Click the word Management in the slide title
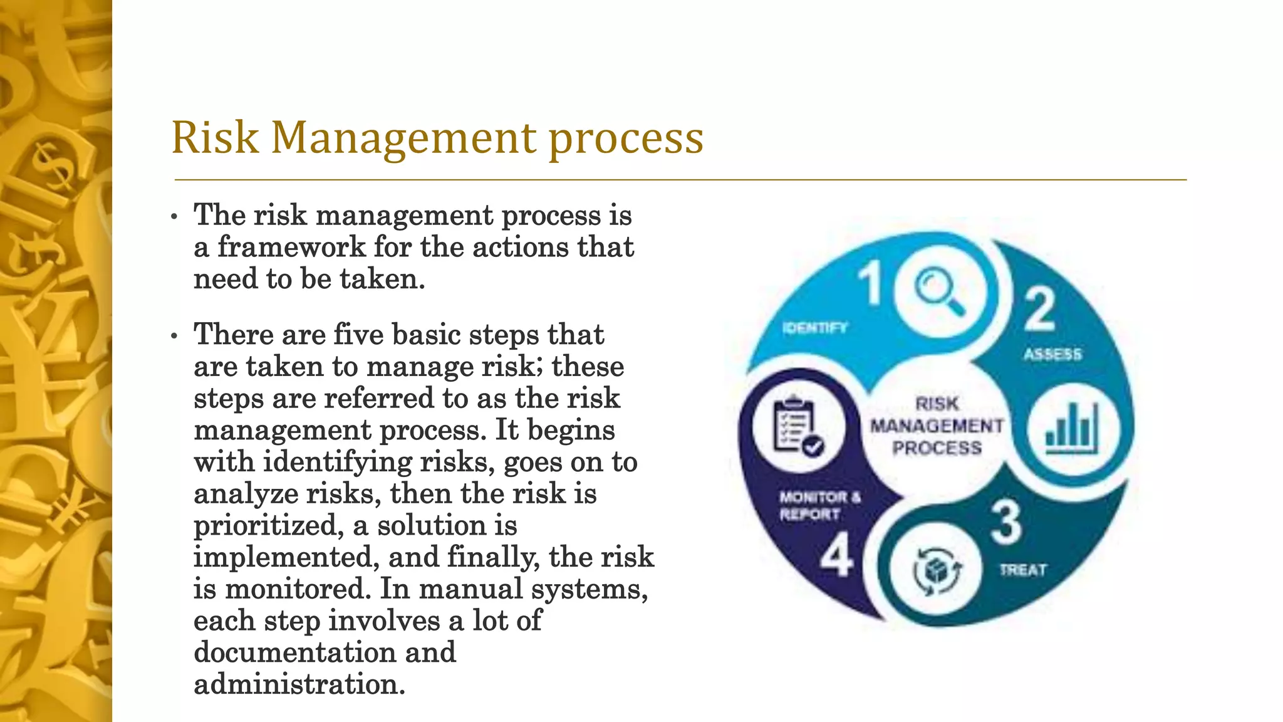(x=403, y=138)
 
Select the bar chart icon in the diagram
(x=1071, y=430)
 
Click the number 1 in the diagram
(x=870, y=284)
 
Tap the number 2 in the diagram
(x=1040, y=309)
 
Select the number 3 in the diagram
(x=1006, y=522)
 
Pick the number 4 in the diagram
(x=836, y=555)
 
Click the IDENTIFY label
(x=815, y=328)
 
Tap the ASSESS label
(x=1052, y=355)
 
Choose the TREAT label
(x=1023, y=570)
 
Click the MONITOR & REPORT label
(x=818, y=506)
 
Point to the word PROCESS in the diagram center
(x=937, y=448)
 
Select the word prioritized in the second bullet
(x=268, y=525)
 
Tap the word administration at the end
(x=299, y=684)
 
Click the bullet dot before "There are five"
(x=175, y=337)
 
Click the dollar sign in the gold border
(x=58, y=166)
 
